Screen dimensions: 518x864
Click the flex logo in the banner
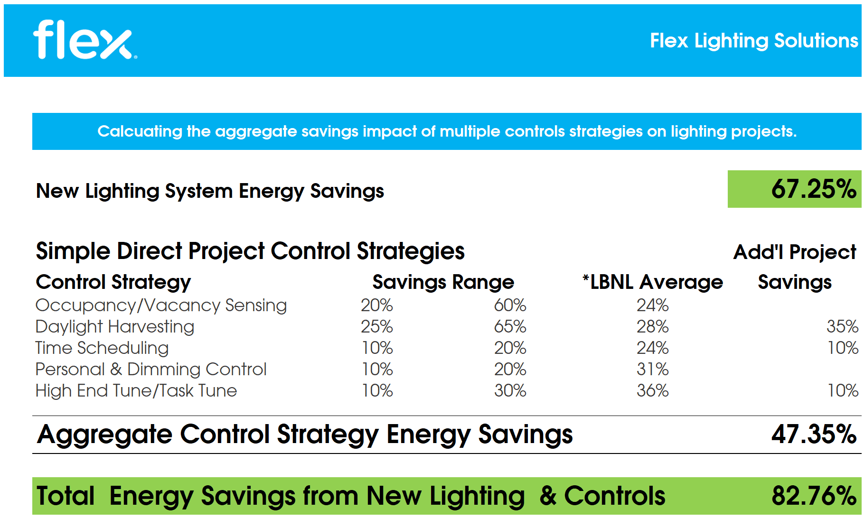click(x=85, y=40)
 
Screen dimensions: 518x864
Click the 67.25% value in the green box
click(x=814, y=189)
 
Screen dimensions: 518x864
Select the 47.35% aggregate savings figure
click(x=814, y=434)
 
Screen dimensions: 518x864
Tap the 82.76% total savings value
click(x=814, y=496)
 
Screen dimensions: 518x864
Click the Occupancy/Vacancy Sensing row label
click(x=161, y=305)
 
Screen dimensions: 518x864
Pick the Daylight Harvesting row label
click(x=115, y=327)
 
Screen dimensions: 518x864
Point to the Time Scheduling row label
click(x=102, y=348)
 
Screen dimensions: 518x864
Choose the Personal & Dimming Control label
click(x=151, y=370)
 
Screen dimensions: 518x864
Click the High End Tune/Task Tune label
click(x=136, y=391)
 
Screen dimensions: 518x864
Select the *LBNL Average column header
click(x=653, y=282)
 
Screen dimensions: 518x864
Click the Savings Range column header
click(x=443, y=282)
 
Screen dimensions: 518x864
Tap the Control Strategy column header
click(x=113, y=282)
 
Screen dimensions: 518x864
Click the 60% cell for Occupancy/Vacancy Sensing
click(x=510, y=305)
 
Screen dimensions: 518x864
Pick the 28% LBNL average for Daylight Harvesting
click(x=652, y=327)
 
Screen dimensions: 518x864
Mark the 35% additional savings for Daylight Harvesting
click(x=842, y=327)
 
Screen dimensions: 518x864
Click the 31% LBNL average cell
click(x=652, y=370)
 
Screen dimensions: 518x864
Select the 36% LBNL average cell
click(x=652, y=391)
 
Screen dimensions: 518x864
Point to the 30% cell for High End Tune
click(x=510, y=391)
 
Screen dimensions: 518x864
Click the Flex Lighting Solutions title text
click(x=754, y=41)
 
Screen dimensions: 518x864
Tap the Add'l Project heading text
click(x=795, y=252)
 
